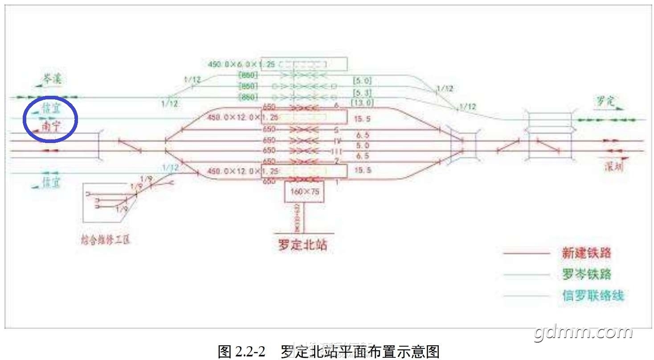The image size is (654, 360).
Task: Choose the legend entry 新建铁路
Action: [586, 254]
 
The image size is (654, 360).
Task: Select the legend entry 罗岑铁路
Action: [586, 274]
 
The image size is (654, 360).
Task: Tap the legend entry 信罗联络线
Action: [593, 295]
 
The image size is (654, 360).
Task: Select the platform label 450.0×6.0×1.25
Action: [233, 64]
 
